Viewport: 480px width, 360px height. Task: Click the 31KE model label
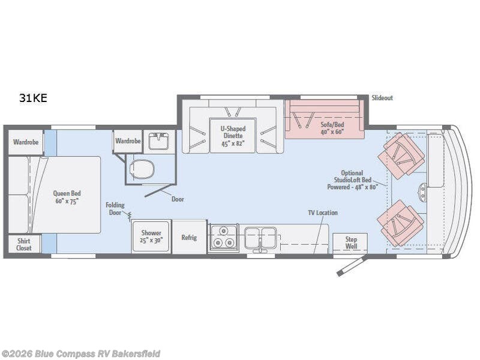(33, 98)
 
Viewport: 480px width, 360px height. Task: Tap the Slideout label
(382, 98)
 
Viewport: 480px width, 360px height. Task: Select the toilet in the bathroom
(142, 169)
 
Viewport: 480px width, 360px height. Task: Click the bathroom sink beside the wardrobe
(159, 141)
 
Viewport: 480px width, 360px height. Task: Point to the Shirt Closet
(24, 244)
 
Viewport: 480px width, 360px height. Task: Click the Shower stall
(151, 236)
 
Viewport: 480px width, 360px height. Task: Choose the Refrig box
(189, 236)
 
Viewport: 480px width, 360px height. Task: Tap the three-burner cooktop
(223, 238)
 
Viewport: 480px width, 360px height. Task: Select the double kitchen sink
(261, 237)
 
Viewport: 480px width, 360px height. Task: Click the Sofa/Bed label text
(332, 128)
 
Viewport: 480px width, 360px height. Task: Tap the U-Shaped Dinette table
(232, 136)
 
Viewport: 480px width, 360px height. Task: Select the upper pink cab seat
(401, 155)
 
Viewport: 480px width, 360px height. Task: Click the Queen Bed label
(67, 197)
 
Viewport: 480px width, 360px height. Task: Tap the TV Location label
(323, 212)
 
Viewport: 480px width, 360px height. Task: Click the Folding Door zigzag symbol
(130, 216)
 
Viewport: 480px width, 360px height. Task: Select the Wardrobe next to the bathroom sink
(128, 141)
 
